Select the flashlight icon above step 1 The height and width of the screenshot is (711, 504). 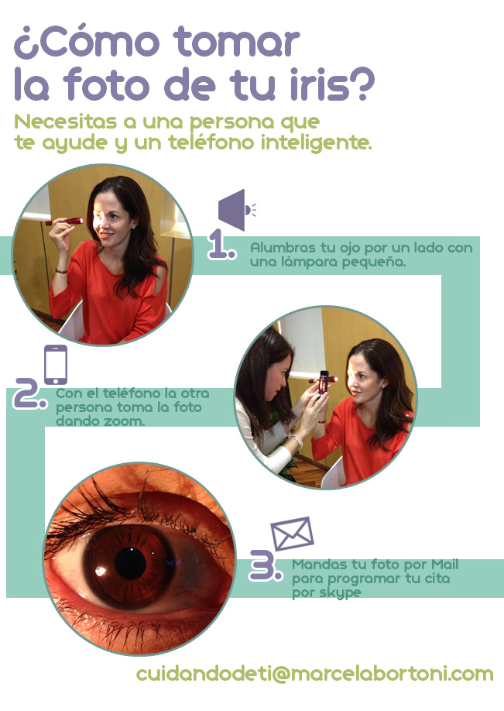pos(237,210)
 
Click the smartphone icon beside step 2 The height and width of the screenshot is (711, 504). pos(56,365)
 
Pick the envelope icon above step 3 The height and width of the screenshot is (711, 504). pos(293,534)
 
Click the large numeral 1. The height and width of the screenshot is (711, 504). pos(221,244)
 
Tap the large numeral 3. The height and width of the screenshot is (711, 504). pos(266,565)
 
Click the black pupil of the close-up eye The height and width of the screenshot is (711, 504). pos(131,563)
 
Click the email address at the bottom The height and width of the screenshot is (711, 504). pos(314,674)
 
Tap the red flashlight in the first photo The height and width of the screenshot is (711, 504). pos(64,222)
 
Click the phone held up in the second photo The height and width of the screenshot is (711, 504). pos(323,383)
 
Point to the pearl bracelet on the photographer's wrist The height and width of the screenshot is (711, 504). pos(296,440)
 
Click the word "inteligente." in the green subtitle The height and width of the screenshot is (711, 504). pos(316,143)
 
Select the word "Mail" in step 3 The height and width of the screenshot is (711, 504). pos(444,564)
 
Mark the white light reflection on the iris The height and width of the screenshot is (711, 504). pos(100,572)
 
